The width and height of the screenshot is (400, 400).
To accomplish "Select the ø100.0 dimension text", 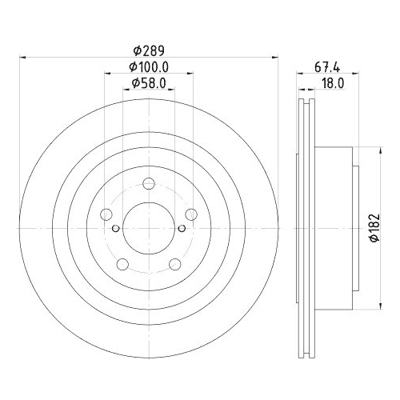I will [x=148, y=67].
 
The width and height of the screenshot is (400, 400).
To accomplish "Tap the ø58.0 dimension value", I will [x=148, y=83].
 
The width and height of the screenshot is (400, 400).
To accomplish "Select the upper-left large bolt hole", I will [x=106, y=214].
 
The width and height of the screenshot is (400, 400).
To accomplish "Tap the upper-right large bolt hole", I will [x=190, y=214].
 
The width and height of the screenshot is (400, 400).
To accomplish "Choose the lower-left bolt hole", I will [x=122, y=264].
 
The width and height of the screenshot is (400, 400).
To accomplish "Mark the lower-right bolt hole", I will [x=174, y=264].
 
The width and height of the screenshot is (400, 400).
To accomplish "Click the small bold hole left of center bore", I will [x=116, y=229].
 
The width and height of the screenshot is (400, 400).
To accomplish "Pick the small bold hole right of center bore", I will [x=181, y=229].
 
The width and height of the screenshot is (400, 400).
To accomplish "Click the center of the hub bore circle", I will [x=149, y=229].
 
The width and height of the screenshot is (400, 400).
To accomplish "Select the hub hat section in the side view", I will [x=336, y=229].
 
